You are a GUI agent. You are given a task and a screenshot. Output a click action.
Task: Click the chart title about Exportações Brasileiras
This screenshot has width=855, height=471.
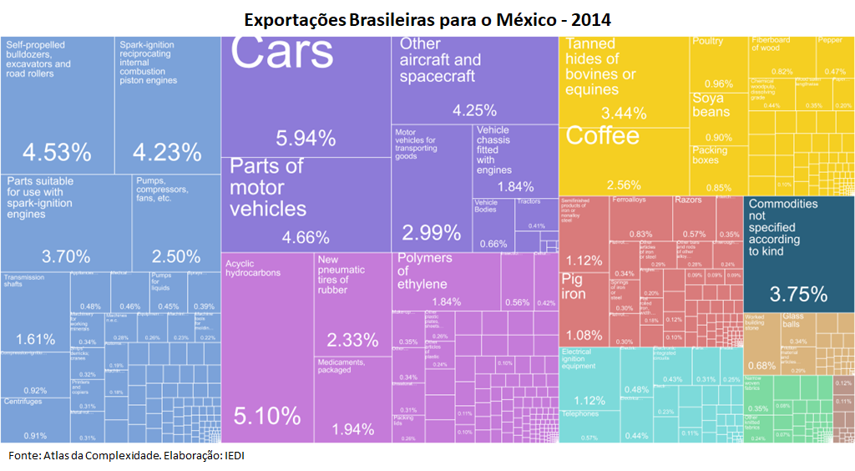click(427, 18)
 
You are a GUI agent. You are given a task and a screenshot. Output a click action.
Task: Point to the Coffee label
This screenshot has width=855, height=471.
click(603, 136)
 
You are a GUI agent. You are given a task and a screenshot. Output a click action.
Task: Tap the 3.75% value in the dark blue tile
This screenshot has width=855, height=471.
click(798, 294)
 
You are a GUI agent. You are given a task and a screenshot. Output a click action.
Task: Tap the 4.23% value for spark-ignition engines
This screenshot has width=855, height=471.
click(167, 153)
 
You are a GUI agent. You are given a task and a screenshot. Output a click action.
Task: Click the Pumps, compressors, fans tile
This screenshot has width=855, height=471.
click(176, 222)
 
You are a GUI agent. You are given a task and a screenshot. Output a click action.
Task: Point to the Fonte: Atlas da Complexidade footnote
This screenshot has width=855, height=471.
click(126, 455)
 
